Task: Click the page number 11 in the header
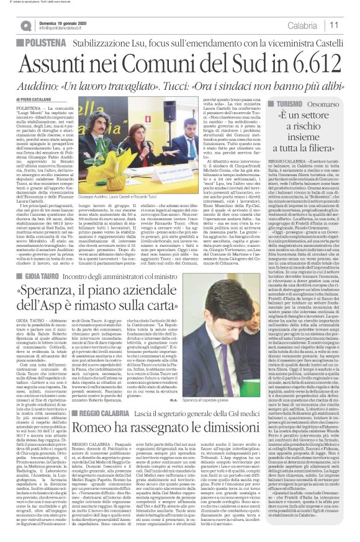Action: tap(350, 25)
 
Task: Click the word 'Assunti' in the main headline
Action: tap(50, 62)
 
